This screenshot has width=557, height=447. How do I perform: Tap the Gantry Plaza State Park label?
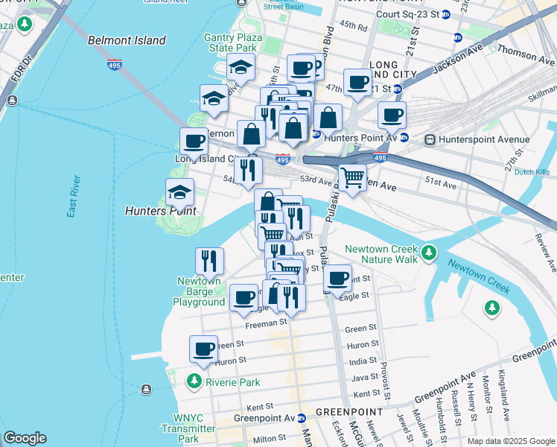tap(231, 42)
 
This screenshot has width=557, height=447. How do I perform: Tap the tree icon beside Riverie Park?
tap(194, 381)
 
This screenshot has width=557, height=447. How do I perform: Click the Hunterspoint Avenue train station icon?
tap(430, 139)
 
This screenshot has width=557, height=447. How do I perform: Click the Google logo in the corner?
tap(25, 438)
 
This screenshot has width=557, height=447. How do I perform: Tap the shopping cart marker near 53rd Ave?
tap(352, 177)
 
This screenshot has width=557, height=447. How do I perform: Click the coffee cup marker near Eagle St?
tap(337, 279)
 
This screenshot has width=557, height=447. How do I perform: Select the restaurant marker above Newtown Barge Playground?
tap(209, 260)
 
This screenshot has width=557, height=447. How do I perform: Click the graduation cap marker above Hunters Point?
tap(179, 192)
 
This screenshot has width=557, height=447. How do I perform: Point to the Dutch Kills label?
tap(531, 171)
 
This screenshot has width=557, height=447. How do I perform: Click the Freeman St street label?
tap(266, 323)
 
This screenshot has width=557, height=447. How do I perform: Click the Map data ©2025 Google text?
tap(510, 441)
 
